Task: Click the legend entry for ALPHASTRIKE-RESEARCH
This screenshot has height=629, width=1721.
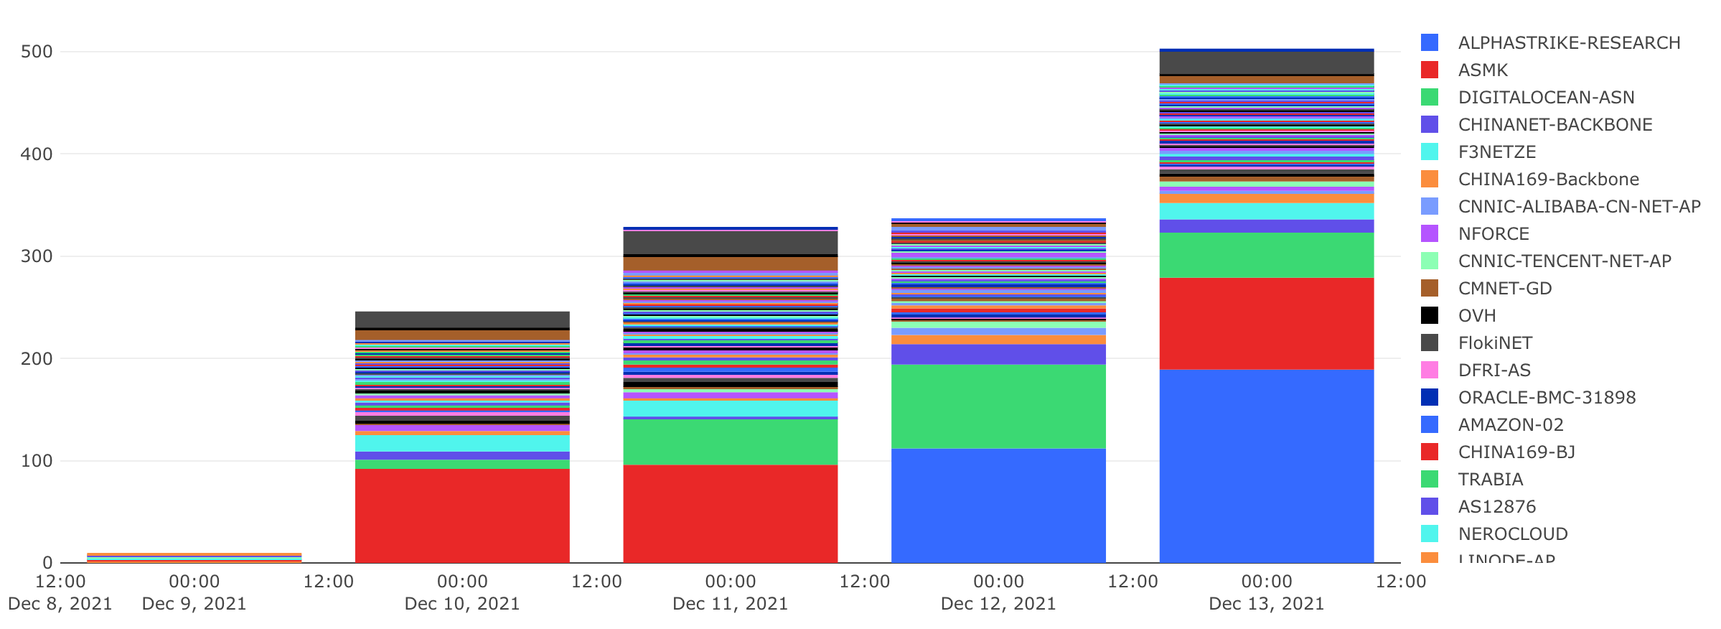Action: pos(1568,43)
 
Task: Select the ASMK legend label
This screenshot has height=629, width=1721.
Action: pos(1483,70)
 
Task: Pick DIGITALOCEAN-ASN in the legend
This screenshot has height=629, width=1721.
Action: pos(1546,98)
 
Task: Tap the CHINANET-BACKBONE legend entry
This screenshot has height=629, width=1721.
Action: pos(1554,125)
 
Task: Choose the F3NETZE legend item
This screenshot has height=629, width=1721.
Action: pos(1496,152)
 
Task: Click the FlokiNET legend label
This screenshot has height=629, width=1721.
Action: pos(1495,343)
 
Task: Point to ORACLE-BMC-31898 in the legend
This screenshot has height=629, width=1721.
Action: pos(1547,398)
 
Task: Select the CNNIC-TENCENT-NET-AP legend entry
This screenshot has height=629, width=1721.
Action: pos(1564,261)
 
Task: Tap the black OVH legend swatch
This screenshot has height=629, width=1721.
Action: pos(1430,316)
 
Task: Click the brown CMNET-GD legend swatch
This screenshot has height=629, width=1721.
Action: pos(1430,289)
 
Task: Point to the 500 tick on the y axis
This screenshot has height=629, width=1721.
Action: pos(37,52)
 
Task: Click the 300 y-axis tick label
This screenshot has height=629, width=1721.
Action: pos(37,256)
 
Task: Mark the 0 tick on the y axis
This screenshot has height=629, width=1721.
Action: pos(47,563)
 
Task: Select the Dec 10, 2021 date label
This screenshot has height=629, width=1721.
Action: pos(462,604)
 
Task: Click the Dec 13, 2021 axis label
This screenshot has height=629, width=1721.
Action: pos(1267,604)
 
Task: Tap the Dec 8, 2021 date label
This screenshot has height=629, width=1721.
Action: pos(60,604)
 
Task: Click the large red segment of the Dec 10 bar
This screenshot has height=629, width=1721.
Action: pos(462,516)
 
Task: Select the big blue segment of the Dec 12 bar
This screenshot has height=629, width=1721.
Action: pos(998,505)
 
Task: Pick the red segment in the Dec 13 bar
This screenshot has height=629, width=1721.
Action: pos(1267,324)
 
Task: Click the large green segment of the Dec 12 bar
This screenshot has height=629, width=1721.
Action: pos(998,406)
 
